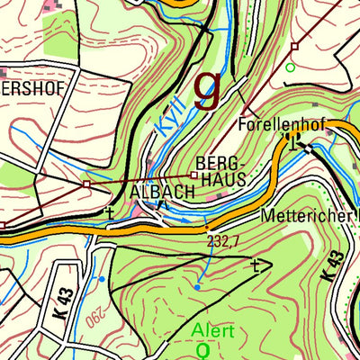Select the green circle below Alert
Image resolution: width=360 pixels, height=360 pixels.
pos(202,347)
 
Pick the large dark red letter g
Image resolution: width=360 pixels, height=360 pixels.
pos(208,87)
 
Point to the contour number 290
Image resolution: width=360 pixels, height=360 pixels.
pos(93,317)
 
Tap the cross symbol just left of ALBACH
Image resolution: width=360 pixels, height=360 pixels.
pos(110,212)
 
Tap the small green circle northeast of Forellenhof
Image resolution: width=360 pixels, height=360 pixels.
pos(290,67)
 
